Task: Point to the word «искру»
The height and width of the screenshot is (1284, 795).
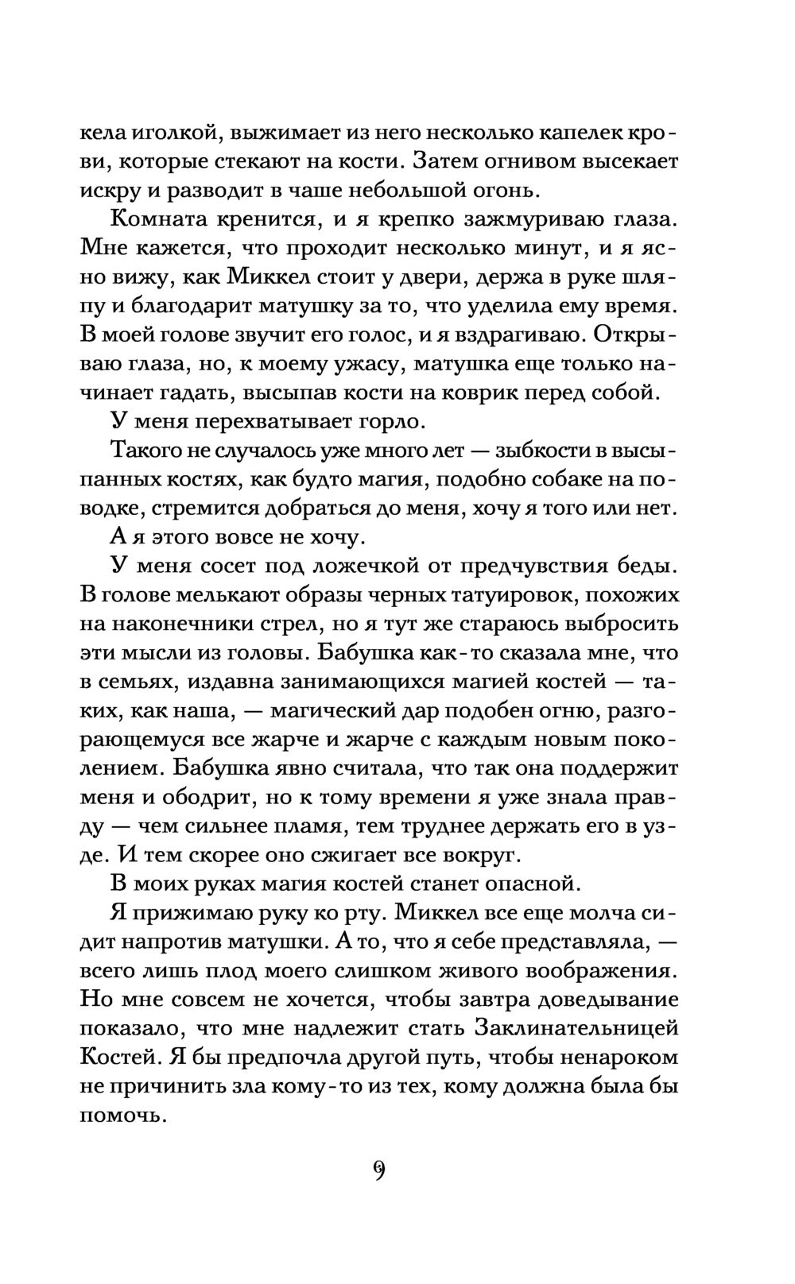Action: pyautogui.click(x=107, y=191)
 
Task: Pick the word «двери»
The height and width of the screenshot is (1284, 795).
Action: pyautogui.click(x=438, y=278)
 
